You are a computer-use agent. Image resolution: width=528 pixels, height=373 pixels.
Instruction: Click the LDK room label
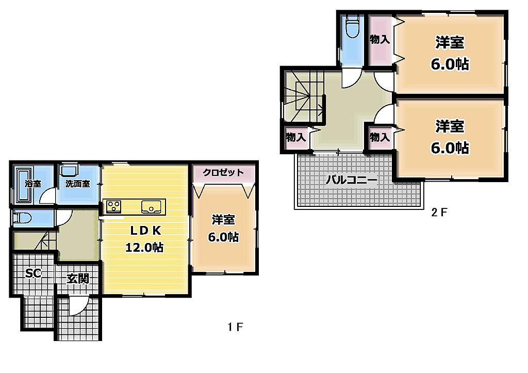point(146,231)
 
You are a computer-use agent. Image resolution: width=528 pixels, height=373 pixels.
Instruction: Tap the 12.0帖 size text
point(144,247)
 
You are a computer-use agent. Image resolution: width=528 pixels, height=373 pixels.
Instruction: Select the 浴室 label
point(32,184)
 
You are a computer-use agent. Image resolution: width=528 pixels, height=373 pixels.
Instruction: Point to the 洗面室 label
point(77,184)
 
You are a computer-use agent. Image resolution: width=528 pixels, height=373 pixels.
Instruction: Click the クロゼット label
point(223,172)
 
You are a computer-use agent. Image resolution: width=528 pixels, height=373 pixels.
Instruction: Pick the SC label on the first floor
point(33,273)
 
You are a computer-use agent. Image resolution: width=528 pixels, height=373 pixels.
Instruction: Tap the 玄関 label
point(78,279)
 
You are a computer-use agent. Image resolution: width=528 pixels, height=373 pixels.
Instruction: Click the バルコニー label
point(351,180)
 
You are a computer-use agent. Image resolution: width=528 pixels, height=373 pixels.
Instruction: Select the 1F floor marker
point(235,327)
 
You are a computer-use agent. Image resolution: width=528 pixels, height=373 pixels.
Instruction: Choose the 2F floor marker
point(439,212)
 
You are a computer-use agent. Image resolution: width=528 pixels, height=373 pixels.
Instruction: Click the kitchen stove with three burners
point(114,206)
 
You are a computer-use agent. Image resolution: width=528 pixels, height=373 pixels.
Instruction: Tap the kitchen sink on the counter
point(153,207)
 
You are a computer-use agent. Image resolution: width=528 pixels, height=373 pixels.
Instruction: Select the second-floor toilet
point(352,26)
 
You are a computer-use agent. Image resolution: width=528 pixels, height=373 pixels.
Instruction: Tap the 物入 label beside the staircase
point(295,137)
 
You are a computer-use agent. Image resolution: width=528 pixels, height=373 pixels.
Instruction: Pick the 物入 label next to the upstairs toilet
point(379,39)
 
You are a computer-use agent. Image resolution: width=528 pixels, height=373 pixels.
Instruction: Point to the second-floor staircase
point(304,96)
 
